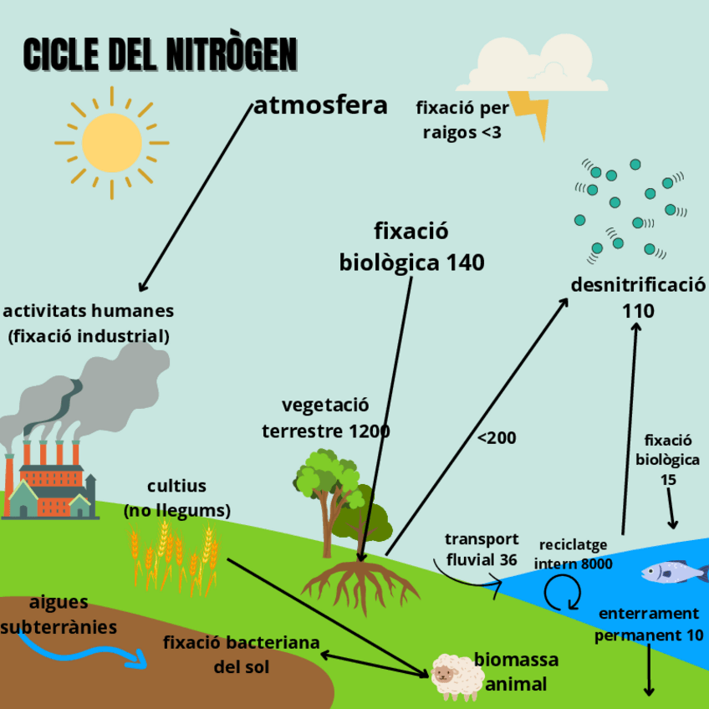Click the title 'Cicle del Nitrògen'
coord(159,54)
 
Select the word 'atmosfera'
coord(320,105)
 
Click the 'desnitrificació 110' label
coord(638,298)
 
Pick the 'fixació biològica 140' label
coord(411,247)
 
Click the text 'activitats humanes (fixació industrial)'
coord(89,324)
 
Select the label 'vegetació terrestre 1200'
coord(325,418)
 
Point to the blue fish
coord(674,573)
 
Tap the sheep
coord(457,676)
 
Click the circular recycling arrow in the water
coord(562,594)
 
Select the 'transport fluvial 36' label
coord(481,549)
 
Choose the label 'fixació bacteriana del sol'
coord(241,655)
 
